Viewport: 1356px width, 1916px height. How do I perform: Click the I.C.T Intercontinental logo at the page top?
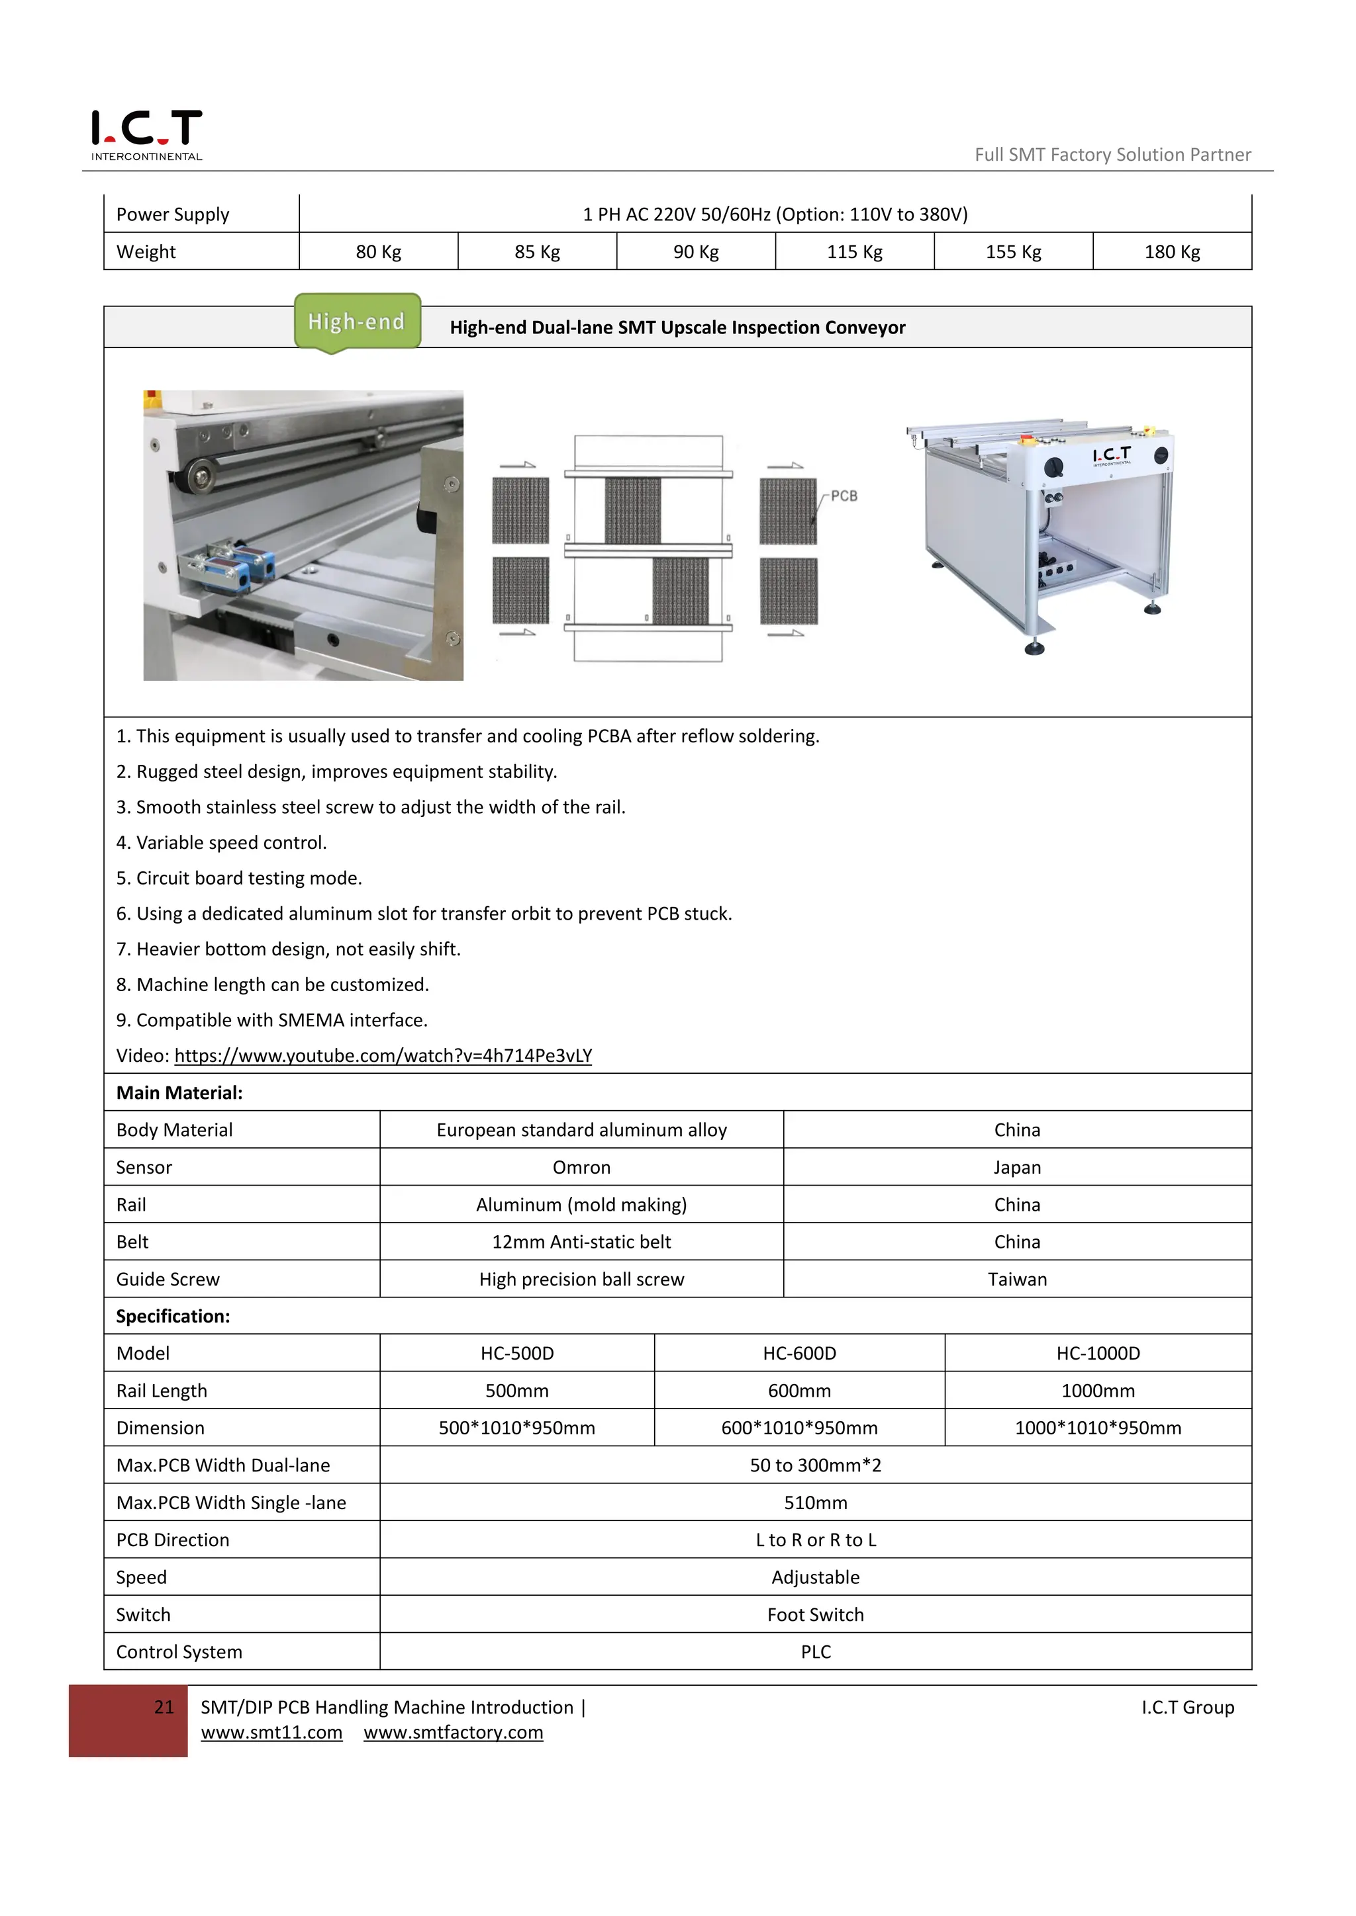pyautogui.click(x=146, y=134)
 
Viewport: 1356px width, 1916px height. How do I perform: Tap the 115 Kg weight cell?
pyautogui.click(x=854, y=252)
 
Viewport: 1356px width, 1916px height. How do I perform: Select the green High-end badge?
pyautogui.click(x=356, y=322)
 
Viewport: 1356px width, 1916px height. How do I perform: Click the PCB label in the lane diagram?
pyautogui.click(x=844, y=496)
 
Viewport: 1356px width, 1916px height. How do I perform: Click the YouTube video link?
pyautogui.click(x=383, y=1056)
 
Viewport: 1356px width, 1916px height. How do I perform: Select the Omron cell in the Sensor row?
pyautogui.click(x=581, y=1168)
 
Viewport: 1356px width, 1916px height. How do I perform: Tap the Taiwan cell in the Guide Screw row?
pyautogui.click(x=1016, y=1280)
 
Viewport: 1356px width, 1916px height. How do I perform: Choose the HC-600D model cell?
pyautogui.click(x=799, y=1354)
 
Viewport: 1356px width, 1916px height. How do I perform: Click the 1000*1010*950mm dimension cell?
pyautogui.click(x=1097, y=1428)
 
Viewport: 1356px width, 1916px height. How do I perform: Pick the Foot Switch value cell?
pyautogui.click(x=815, y=1615)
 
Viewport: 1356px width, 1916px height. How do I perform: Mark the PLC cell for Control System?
pyautogui.click(x=815, y=1652)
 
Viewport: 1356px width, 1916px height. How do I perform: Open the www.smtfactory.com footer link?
pyautogui.click(x=454, y=1733)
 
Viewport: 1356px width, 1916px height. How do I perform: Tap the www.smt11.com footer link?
pyautogui.click(x=271, y=1733)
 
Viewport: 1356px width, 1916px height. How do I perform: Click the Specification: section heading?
pyautogui.click(x=173, y=1316)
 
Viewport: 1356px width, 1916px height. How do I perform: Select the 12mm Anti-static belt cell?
pyautogui.click(x=581, y=1242)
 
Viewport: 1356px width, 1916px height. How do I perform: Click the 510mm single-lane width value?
pyautogui.click(x=815, y=1503)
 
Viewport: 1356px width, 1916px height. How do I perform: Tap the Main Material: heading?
pyautogui.click(x=179, y=1093)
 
